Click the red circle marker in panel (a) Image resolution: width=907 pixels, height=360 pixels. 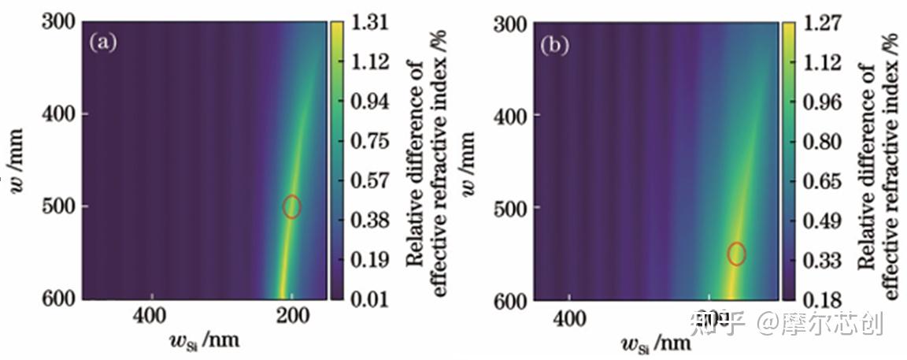(x=292, y=206)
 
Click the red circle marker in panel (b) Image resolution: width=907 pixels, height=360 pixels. (x=736, y=254)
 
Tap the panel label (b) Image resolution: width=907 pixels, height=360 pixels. (x=553, y=45)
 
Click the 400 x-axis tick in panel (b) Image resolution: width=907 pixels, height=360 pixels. (x=569, y=317)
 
